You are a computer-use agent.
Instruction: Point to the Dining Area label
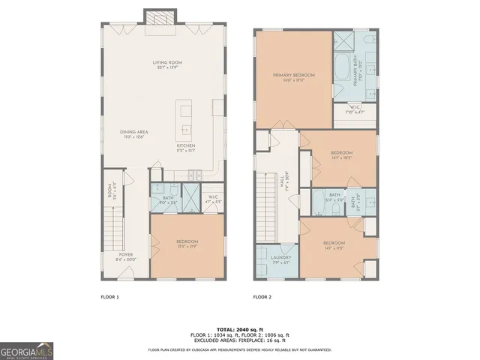coord(133,133)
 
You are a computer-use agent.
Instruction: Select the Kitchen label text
coord(186,147)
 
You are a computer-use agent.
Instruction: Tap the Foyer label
coord(125,256)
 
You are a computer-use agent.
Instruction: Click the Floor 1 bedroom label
coord(187,244)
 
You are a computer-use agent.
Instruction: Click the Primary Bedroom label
coord(293,77)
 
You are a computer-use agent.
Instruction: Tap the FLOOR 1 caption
coord(109,297)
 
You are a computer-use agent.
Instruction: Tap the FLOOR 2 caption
coord(262,297)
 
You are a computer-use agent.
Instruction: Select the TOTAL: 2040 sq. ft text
coord(239,329)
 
